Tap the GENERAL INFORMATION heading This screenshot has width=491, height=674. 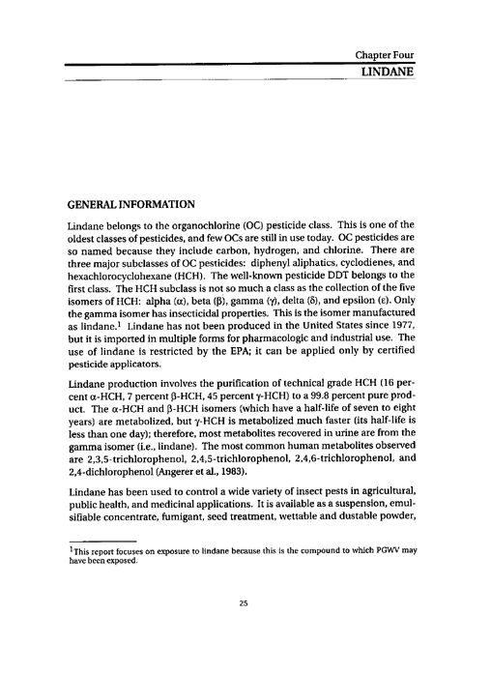[x=130, y=206]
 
